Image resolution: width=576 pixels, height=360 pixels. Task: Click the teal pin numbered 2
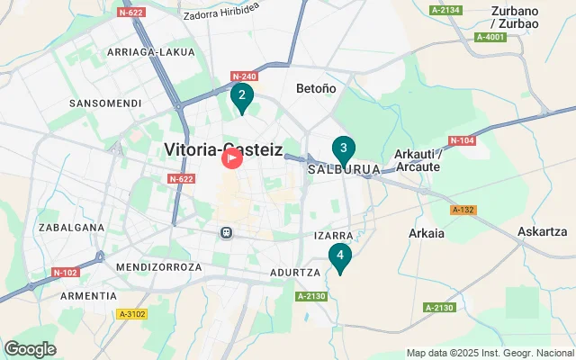point(241,96)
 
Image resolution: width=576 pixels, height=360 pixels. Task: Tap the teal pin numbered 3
point(343,149)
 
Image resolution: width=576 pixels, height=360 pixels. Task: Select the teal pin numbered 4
point(339,256)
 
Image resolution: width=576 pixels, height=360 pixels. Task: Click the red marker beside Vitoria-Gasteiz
point(231,158)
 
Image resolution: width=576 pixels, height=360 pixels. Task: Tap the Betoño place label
point(316,88)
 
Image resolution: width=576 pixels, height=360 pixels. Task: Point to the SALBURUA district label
point(343,169)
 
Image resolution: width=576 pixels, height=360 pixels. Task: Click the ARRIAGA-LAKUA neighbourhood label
point(151,52)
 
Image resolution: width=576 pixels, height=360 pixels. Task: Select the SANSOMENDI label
point(105,103)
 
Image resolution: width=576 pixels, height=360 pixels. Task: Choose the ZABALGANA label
point(72,228)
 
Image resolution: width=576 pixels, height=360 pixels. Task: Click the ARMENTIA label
point(88,295)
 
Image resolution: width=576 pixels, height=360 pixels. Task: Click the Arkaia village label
point(427,233)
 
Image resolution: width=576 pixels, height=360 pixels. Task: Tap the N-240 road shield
point(244,76)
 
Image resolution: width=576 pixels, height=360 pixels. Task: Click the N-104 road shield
point(460,140)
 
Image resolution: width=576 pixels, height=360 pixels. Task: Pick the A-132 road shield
point(463,210)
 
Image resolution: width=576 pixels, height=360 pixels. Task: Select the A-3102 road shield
point(131,314)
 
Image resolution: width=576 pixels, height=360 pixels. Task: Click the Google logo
point(31,348)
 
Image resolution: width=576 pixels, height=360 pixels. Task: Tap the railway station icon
point(227,232)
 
